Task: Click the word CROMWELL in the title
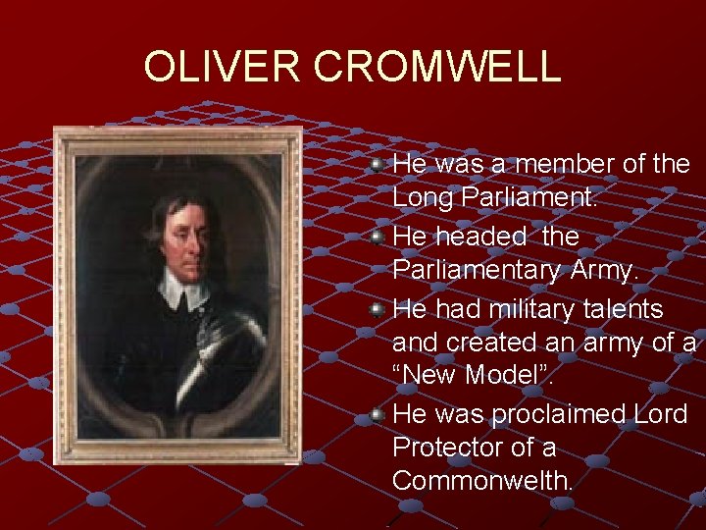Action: (437, 67)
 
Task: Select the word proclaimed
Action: (562, 414)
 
